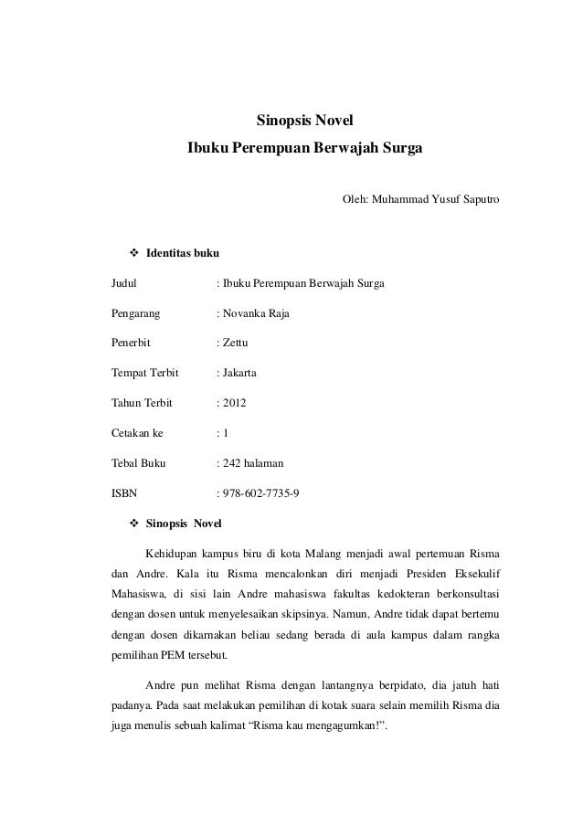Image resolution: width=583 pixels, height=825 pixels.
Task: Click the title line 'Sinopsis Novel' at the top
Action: [x=304, y=121]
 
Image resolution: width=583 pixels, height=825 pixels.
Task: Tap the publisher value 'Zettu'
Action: [x=235, y=344]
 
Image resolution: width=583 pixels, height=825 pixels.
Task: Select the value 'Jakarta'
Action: [x=238, y=374]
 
